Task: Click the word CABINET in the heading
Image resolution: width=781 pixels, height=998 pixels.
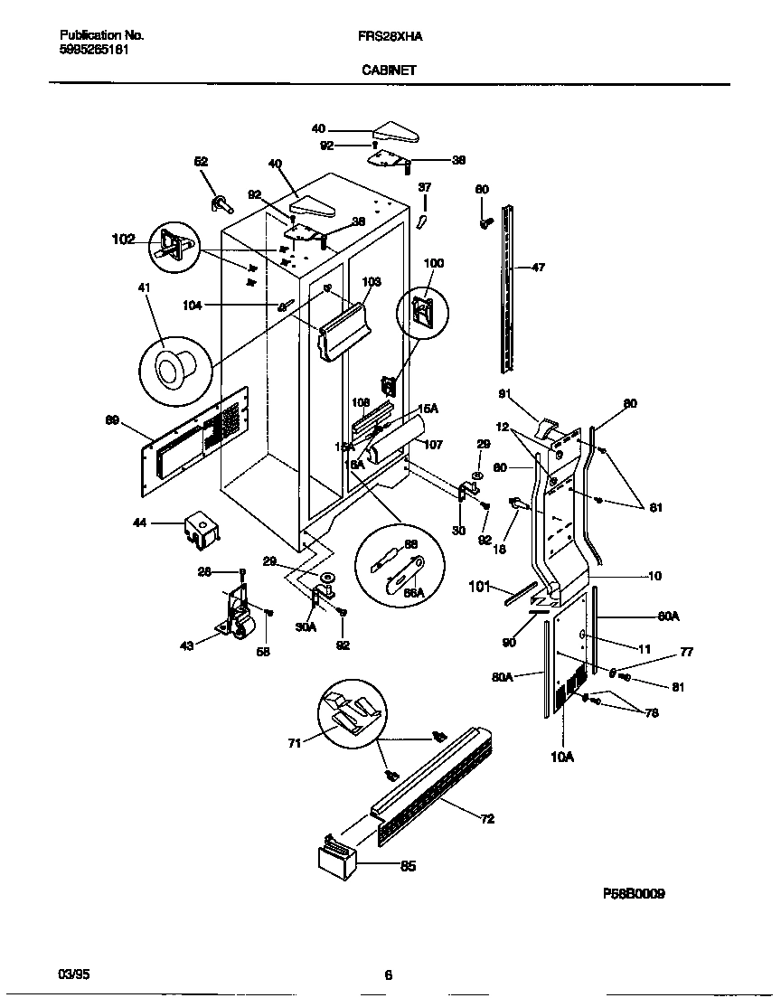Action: [390, 68]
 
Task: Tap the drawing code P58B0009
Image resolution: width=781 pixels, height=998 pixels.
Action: [634, 893]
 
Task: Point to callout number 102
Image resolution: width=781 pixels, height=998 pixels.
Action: [123, 240]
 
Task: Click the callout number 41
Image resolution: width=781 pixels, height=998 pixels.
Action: [144, 287]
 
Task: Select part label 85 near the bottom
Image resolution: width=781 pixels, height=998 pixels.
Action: [409, 866]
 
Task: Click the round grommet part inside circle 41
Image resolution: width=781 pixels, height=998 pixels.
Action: [172, 368]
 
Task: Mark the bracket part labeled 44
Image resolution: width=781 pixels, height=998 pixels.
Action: [200, 530]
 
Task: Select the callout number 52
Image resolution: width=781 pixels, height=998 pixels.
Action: [201, 161]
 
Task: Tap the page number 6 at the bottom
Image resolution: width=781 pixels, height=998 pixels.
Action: [388, 974]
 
